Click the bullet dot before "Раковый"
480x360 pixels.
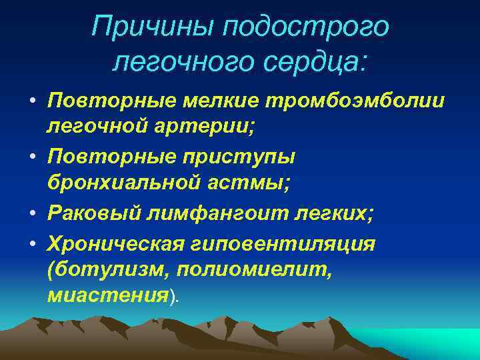(x=33, y=215)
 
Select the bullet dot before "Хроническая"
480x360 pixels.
(x=33, y=243)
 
